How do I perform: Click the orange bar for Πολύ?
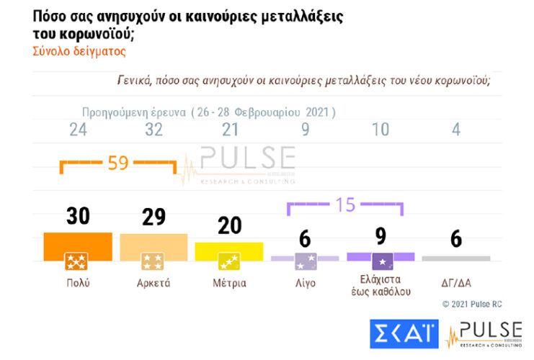click(78, 246)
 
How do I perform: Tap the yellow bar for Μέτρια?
click(229, 251)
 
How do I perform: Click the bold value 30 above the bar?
click(78, 216)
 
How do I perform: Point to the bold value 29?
click(153, 217)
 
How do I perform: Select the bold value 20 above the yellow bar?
click(229, 225)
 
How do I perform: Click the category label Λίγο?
click(305, 283)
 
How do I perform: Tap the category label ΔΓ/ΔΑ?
click(455, 283)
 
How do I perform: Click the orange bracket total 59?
click(117, 163)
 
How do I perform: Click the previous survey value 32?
click(153, 130)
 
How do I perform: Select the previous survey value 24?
click(78, 130)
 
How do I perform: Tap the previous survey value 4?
click(455, 130)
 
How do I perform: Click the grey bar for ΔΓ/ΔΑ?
click(455, 258)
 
